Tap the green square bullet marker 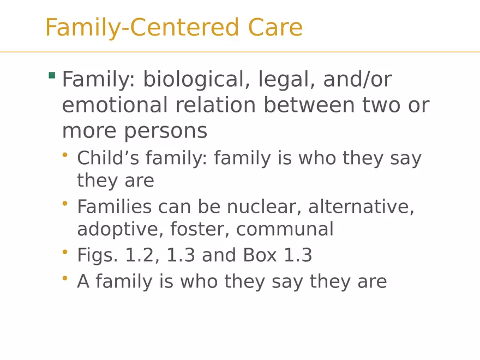(52, 75)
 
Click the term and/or (358, 79)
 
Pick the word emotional (115, 105)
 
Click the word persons (166, 131)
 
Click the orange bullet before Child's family (64, 155)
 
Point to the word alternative (361, 207)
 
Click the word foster (200, 229)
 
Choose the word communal (285, 230)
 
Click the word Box (260, 255)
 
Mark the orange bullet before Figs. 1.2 (64, 252)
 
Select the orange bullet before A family (64, 278)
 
